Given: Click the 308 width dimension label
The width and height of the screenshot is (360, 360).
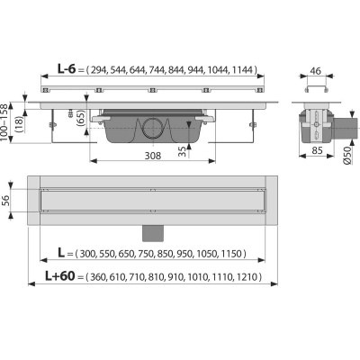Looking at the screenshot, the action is tap(153, 156).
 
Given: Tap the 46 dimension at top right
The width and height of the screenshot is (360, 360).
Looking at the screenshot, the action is tap(315, 71).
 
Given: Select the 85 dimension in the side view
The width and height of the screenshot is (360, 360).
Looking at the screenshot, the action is tap(317, 150).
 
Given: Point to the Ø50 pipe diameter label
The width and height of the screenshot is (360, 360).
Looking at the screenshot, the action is tap(347, 156).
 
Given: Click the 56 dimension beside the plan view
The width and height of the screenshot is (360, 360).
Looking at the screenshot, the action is tap(6, 201).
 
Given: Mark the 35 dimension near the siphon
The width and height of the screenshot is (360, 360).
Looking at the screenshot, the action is tap(182, 152).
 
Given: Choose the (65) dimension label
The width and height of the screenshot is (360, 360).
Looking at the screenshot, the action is tap(82, 118).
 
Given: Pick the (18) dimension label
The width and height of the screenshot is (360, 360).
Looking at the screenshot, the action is tap(19, 123).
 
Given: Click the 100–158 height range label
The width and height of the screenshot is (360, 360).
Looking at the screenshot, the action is tap(4, 122).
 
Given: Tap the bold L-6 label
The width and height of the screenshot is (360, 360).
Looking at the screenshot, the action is tap(67, 69).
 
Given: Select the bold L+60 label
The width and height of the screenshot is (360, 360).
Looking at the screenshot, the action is tap(60, 275).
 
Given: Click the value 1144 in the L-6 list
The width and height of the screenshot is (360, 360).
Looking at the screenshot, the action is tap(242, 70).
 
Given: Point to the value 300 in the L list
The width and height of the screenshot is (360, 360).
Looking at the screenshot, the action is tap(87, 254).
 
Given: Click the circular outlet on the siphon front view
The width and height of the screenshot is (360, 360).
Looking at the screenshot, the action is tap(153, 128).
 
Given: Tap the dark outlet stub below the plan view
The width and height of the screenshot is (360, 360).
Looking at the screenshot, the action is tap(153, 233).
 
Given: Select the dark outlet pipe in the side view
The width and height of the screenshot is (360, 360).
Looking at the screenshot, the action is tap(346, 128).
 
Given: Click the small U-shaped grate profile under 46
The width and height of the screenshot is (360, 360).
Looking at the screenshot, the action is tap(315, 89).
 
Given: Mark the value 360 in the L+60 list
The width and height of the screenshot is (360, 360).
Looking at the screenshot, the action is tap(98, 277).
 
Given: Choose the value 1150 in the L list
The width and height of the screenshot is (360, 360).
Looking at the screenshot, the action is tap(231, 254).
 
